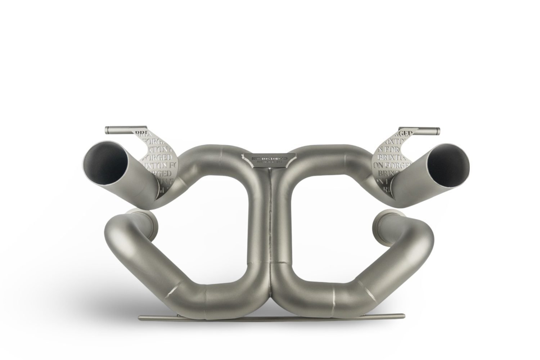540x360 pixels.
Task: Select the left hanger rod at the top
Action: tap(122, 129)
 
